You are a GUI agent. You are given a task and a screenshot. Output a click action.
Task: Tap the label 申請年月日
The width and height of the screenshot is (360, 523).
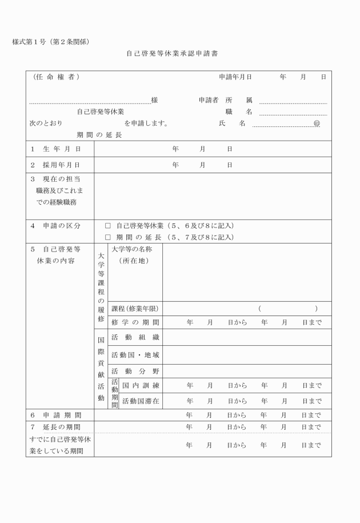coord(235,77)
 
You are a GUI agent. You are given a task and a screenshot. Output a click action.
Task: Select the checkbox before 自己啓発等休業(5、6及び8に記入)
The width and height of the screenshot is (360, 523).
coord(108,226)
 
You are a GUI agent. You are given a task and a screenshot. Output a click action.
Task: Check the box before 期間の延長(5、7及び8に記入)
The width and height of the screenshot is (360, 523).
coord(108,237)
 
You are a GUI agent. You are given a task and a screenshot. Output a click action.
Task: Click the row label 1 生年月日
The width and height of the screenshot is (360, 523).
coord(54,149)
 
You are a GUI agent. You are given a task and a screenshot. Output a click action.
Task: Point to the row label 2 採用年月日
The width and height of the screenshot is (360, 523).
coord(54,165)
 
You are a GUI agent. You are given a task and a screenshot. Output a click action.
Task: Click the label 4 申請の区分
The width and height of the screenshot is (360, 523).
coord(55,226)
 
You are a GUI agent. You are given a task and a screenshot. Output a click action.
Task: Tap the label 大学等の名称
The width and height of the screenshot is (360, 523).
coord(131,249)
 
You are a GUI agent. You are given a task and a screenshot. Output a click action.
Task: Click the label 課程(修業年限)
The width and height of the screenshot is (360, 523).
coord(135,309)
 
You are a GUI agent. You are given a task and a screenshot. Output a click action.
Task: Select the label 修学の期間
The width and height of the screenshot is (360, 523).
coord(135,322)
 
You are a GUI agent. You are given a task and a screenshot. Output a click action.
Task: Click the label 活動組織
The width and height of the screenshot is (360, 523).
coord(135,337)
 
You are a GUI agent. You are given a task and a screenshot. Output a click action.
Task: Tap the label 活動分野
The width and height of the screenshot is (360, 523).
coord(135,372)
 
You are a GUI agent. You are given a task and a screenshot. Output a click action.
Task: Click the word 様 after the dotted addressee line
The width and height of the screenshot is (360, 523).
coord(154,100)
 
